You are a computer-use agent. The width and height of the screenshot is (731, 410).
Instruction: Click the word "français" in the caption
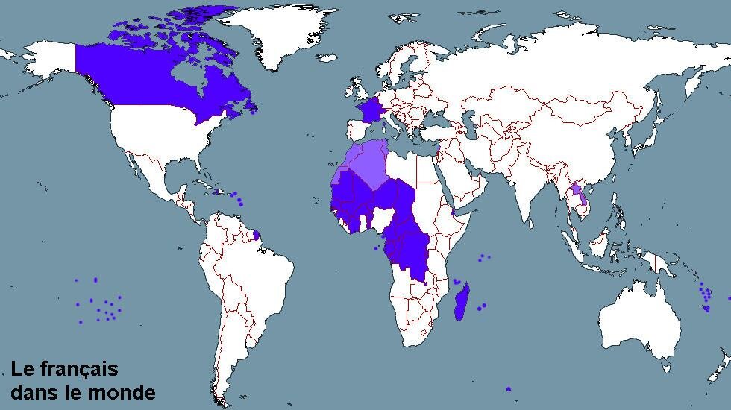79,370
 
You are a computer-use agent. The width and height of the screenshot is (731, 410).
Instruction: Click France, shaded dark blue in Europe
368,112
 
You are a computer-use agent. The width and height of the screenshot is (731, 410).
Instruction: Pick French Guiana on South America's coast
257,235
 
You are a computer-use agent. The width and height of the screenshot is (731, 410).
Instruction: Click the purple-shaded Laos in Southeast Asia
575,195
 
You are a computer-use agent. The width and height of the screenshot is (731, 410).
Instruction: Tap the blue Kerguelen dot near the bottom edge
509,388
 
